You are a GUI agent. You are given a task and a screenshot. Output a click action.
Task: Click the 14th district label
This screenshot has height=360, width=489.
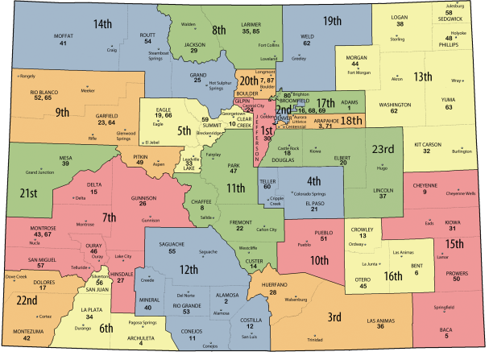[102, 25]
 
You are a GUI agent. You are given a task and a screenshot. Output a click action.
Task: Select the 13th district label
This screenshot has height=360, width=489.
[425, 77]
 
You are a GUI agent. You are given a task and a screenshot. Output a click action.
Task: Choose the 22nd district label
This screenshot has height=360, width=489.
[27, 300]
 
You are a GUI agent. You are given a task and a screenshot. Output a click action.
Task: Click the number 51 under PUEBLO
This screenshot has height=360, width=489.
[323, 238]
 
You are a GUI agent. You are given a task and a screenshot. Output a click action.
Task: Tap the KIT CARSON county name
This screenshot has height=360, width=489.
[429, 145]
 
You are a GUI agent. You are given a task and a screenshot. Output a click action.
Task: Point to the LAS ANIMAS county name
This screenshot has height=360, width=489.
[380, 320]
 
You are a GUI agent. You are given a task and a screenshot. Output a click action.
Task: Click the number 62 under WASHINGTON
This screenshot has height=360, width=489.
[394, 111]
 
